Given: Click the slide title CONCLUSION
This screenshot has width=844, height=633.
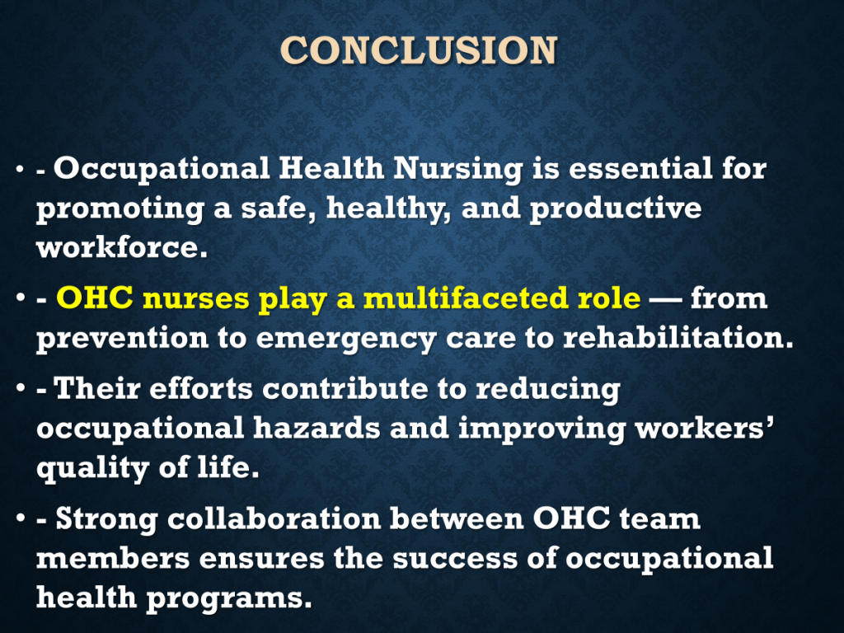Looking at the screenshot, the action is pyautogui.click(x=419, y=50).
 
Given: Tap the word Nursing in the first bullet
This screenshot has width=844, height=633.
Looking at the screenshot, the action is pyautogui.click(x=457, y=170).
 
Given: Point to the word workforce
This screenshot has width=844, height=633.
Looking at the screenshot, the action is pyautogui.click(x=122, y=247).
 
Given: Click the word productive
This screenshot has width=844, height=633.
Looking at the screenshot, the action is pyautogui.click(x=616, y=209).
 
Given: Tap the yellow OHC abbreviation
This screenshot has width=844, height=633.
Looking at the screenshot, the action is pyautogui.click(x=95, y=298).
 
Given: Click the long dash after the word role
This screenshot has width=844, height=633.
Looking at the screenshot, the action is pyautogui.click(x=665, y=299).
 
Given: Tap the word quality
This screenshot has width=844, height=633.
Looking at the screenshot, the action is pyautogui.click(x=92, y=468).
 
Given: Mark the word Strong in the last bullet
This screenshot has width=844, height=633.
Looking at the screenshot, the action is pyautogui.click(x=106, y=519).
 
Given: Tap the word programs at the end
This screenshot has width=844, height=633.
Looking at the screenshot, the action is pyautogui.click(x=229, y=598).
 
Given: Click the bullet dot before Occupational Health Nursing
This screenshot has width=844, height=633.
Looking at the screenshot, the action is pyautogui.click(x=20, y=169).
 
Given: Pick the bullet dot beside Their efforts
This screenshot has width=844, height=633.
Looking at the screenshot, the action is pyautogui.click(x=20, y=388).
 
